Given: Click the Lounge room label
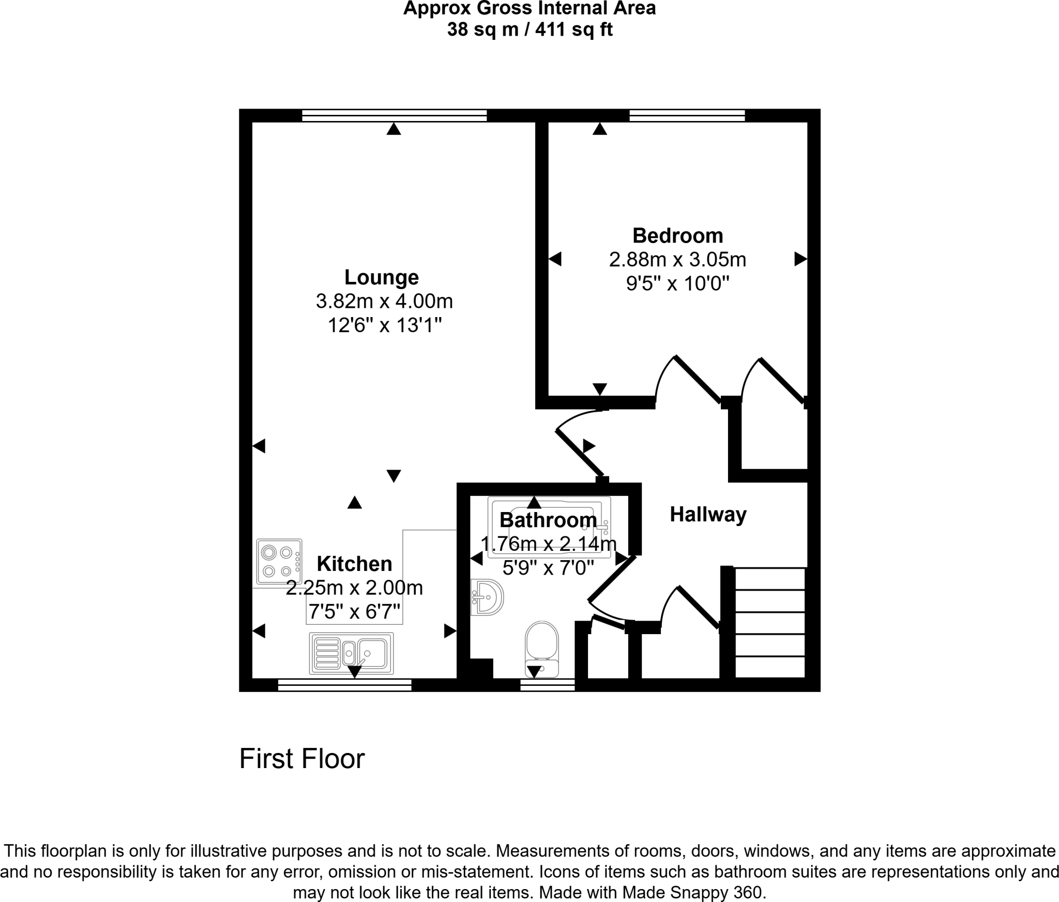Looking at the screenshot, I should (x=382, y=278).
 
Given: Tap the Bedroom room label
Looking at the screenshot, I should (x=677, y=236).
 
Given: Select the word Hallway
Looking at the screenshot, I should (x=708, y=515).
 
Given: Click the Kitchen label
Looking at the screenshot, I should (x=354, y=564).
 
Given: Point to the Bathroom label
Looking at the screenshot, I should (x=548, y=520).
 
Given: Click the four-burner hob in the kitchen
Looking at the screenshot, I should (x=279, y=562).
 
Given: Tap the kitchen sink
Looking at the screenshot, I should (x=352, y=654).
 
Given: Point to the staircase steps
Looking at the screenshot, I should (x=769, y=623).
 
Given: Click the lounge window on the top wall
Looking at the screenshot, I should (x=394, y=115).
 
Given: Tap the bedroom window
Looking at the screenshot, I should (x=687, y=115).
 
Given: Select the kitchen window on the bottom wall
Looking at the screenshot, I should (x=344, y=685).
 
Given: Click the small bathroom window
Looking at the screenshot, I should (x=547, y=685).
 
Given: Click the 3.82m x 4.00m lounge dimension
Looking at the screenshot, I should (x=384, y=301).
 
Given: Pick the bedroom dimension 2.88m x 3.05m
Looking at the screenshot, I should (x=677, y=260).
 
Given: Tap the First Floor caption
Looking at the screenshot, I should (x=302, y=759).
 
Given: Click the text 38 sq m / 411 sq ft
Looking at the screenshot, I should (x=529, y=30).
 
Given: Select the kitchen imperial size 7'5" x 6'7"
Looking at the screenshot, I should (x=354, y=612).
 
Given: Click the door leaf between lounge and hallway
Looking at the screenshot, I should (x=580, y=453).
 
